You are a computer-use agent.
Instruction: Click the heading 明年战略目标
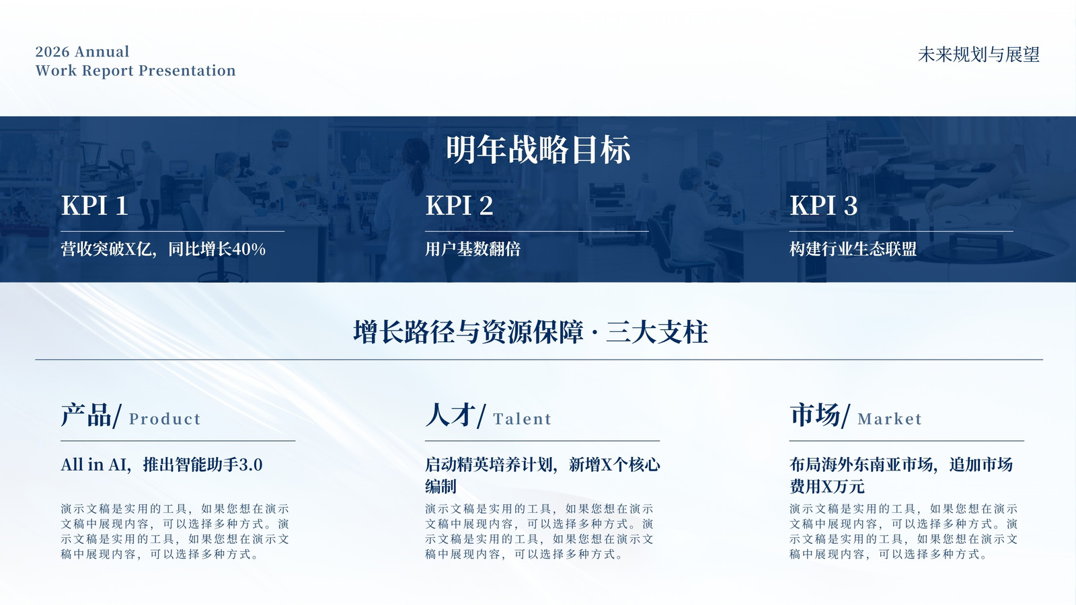coord(538,150)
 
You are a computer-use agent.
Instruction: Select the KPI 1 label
coord(95,206)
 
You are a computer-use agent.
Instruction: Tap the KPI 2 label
coord(459,206)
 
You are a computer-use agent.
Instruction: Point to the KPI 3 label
coord(824,206)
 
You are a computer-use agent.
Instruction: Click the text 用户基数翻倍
coord(473,249)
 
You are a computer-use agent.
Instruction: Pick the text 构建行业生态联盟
coord(853,249)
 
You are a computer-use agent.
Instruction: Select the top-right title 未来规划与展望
coord(978,54)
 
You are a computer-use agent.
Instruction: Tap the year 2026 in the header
coord(52,52)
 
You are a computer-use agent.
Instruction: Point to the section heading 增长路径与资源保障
coord(468,332)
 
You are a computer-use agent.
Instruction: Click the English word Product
coord(165,419)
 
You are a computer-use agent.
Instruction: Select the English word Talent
coord(522,419)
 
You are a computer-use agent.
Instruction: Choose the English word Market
coord(890,419)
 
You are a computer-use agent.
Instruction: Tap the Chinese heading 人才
coord(451,415)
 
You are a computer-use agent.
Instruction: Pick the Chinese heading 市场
coord(815,415)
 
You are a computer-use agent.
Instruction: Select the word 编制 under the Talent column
coord(440,487)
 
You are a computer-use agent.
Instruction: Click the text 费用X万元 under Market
coord(827,487)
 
